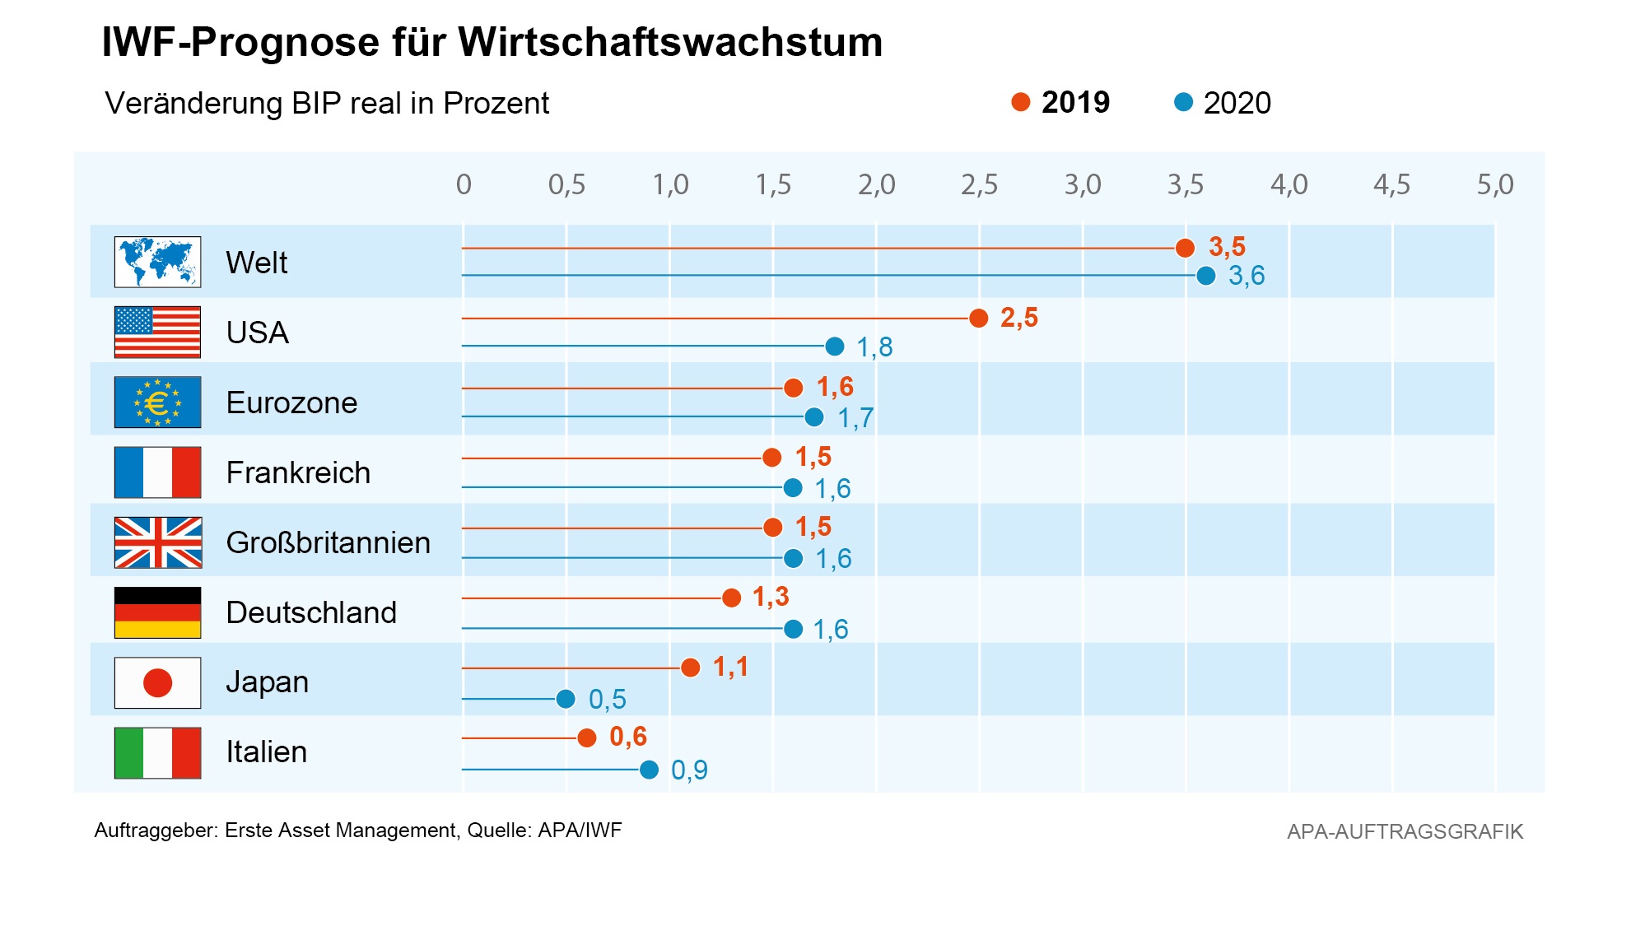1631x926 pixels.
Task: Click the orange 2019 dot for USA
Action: [x=978, y=319]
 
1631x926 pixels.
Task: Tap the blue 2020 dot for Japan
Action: [x=566, y=699]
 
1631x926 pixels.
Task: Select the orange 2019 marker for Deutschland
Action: [x=731, y=598]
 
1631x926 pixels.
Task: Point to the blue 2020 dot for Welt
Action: [x=1205, y=276]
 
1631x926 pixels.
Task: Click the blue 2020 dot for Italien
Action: [x=649, y=770]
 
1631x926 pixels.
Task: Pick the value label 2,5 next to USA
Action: [x=1019, y=318]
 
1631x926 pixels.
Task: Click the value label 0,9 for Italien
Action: [x=689, y=770]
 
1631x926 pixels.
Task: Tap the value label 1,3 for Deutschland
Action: [x=771, y=597]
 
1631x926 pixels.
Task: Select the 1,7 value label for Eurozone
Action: [x=855, y=418]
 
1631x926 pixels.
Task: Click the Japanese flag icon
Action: [x=157, y=682]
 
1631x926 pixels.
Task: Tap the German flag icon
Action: [x=157, y=612]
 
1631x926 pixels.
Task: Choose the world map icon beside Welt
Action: [x=157, y=262]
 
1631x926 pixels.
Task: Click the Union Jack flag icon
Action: [x=157, y=542]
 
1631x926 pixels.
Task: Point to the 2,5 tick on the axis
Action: [x=979, y=184]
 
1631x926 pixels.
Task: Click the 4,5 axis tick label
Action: [x=1391, y=184]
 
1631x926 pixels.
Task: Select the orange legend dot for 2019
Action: [x=1021, y=102]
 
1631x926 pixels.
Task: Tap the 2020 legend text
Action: [x=1237, y=103]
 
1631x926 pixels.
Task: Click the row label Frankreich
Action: [x=298, y=472]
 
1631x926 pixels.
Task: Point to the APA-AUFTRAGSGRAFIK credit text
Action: [x=1405, y=831]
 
